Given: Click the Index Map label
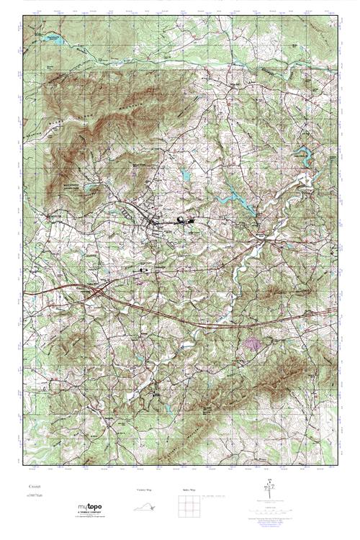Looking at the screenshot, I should click(x=185, y=490).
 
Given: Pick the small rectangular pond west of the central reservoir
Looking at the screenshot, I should click(x=186, y=174).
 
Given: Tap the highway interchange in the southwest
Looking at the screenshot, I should click(x=96, y=292).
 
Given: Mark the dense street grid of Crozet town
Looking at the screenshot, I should click(x=155, y=225).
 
